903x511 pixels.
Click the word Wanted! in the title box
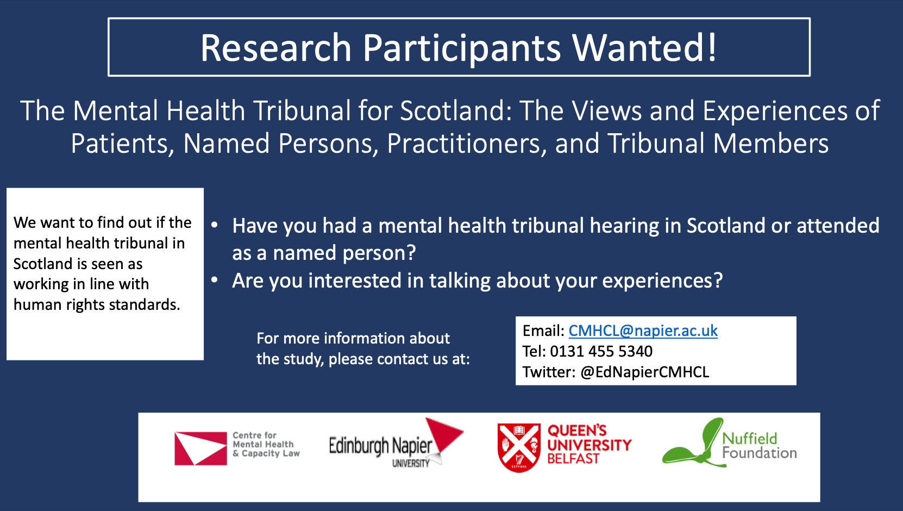point(644,48)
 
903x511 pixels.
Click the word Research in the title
point(276,48)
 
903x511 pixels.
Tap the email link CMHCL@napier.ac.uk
point(643,331)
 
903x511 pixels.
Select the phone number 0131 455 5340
point(601,351)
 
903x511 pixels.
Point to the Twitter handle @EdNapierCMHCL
point(644,372)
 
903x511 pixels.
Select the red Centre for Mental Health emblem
point(200,448)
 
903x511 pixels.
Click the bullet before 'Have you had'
point(215,225)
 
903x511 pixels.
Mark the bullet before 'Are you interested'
point(215,279)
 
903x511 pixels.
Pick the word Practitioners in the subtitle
point(463,144)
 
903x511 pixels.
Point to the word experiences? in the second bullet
point(662,281)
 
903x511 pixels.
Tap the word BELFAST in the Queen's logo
point(573,459)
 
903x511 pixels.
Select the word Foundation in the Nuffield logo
point(760,453)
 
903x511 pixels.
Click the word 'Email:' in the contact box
point(543,331)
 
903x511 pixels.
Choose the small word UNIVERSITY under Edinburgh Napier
point(411,464)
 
